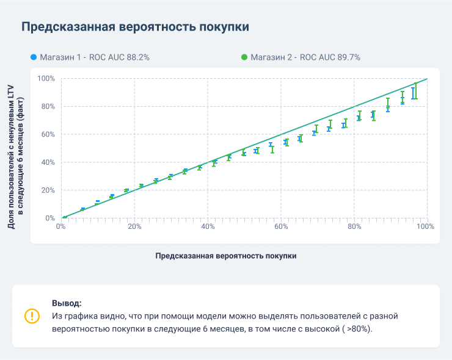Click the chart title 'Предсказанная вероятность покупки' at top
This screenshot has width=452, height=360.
click(135, 27)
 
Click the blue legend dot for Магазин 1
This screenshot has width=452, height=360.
click(33, 57)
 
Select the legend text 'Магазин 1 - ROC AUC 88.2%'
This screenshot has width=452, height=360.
click(95, 57)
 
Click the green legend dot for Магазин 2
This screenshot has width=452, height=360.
click(244, 57)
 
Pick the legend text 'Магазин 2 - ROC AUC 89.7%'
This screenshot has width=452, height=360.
click(305, 57)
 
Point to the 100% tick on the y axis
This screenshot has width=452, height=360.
click(46, 79)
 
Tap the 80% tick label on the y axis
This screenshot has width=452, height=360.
click(48, 107)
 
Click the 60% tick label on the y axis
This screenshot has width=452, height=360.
click(48, 134)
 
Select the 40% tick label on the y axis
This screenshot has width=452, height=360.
click(48, 162)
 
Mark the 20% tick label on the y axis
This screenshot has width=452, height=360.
click(48, 190)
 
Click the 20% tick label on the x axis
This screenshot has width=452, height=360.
click(135, 226)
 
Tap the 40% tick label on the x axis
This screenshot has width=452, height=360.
click(208, 226)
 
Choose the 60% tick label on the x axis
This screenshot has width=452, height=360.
click(281, 226)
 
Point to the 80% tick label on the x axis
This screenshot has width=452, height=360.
click(354, 226)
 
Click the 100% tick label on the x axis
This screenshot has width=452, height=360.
click(425, 226)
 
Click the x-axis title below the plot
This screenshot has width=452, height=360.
click(226, 256)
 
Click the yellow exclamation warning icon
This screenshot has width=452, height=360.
click(31, 315)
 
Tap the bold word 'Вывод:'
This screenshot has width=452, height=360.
click(67, 303)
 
